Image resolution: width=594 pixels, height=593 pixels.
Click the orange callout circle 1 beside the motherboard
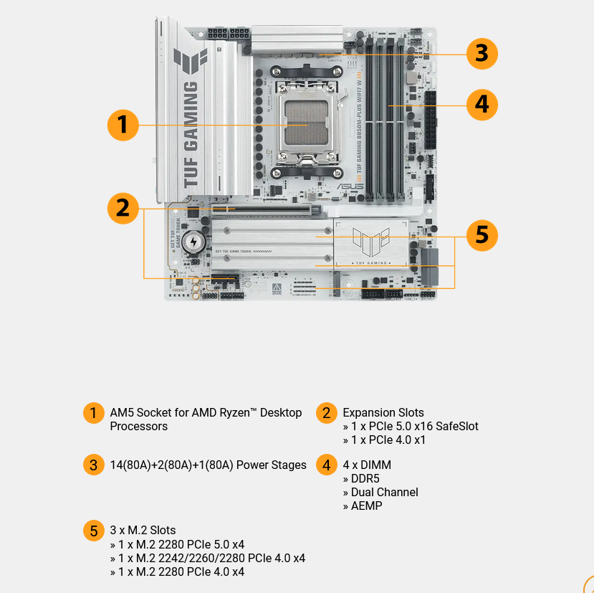[123, 125]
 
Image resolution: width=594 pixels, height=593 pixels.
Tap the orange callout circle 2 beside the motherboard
[123, 208]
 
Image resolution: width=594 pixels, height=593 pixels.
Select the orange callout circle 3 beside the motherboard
[482, 54]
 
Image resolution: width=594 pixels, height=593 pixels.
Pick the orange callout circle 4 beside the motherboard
[482, 105]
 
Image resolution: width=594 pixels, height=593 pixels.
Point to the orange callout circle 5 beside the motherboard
[482, 235]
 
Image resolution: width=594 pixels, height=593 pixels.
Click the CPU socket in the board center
[306, 124]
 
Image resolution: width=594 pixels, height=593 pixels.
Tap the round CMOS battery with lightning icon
[192, 242]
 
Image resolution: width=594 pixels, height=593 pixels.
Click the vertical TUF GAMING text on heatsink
[190, 134]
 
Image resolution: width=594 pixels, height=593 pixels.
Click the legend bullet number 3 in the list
[93, 465]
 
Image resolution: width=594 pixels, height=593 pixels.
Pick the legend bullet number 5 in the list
[93, 531]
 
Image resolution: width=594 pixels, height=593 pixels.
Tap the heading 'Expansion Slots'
[383, 413]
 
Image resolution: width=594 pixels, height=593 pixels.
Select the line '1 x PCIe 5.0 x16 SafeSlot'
[414, 427]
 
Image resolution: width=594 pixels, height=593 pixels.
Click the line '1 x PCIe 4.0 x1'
[388, 440]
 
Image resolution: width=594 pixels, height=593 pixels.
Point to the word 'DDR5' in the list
[365, 479]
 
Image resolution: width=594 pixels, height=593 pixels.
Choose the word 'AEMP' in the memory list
[366, 506]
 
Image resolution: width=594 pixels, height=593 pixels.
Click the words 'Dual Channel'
[384, 493]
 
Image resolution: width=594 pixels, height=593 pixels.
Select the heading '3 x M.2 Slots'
[143, 531]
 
